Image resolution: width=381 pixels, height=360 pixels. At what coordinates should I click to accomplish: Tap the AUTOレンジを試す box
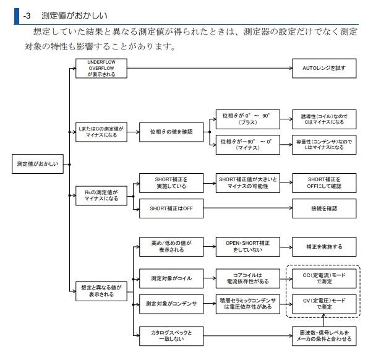pos(324,67)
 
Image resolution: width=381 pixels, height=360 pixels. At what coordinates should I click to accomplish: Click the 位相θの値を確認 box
pos(171,131)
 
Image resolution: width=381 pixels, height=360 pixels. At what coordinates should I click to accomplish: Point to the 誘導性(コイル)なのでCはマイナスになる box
pos(324,118)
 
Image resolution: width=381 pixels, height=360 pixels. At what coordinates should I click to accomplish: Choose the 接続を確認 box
pos(324,208)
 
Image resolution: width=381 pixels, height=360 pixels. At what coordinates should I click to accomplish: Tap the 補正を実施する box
pos(324,246)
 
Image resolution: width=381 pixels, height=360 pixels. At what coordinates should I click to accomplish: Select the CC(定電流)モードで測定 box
pos(324,278)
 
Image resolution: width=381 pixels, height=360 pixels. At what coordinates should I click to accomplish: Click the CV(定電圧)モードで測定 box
pos(324,303)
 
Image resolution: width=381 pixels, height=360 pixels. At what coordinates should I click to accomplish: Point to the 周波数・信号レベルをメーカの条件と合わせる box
pos(324,335)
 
